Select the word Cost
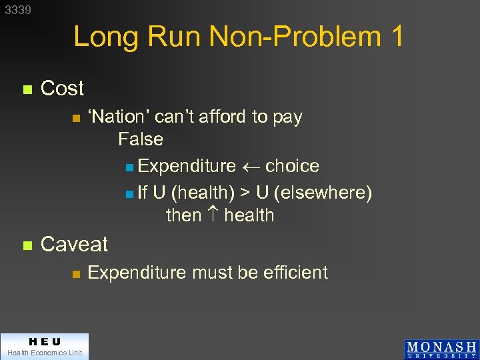62,88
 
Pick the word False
141,139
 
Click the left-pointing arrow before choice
251,167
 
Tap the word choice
292,166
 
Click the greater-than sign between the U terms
245,193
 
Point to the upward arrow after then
213,215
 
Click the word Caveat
74,244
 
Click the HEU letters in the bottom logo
44,341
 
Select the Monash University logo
441,349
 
